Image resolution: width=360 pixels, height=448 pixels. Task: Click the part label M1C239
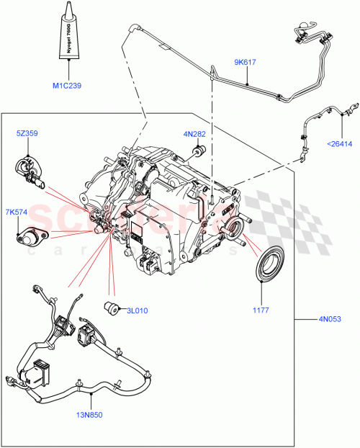click(67, 86)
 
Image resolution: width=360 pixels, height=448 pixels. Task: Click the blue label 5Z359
click(29, 133)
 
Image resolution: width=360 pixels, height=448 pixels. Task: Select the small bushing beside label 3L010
click(112, 308)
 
